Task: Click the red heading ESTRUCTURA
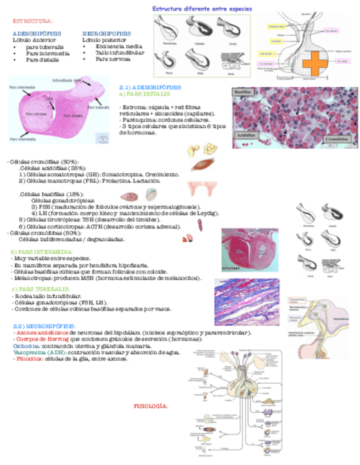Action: [x=32, y=21]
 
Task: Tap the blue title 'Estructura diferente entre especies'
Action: [x=202, y=9]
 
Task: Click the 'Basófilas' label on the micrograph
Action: [x=243, y=93]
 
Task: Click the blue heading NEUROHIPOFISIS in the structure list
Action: [x=106, y=33]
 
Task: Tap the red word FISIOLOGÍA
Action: [x=150, y=406]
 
